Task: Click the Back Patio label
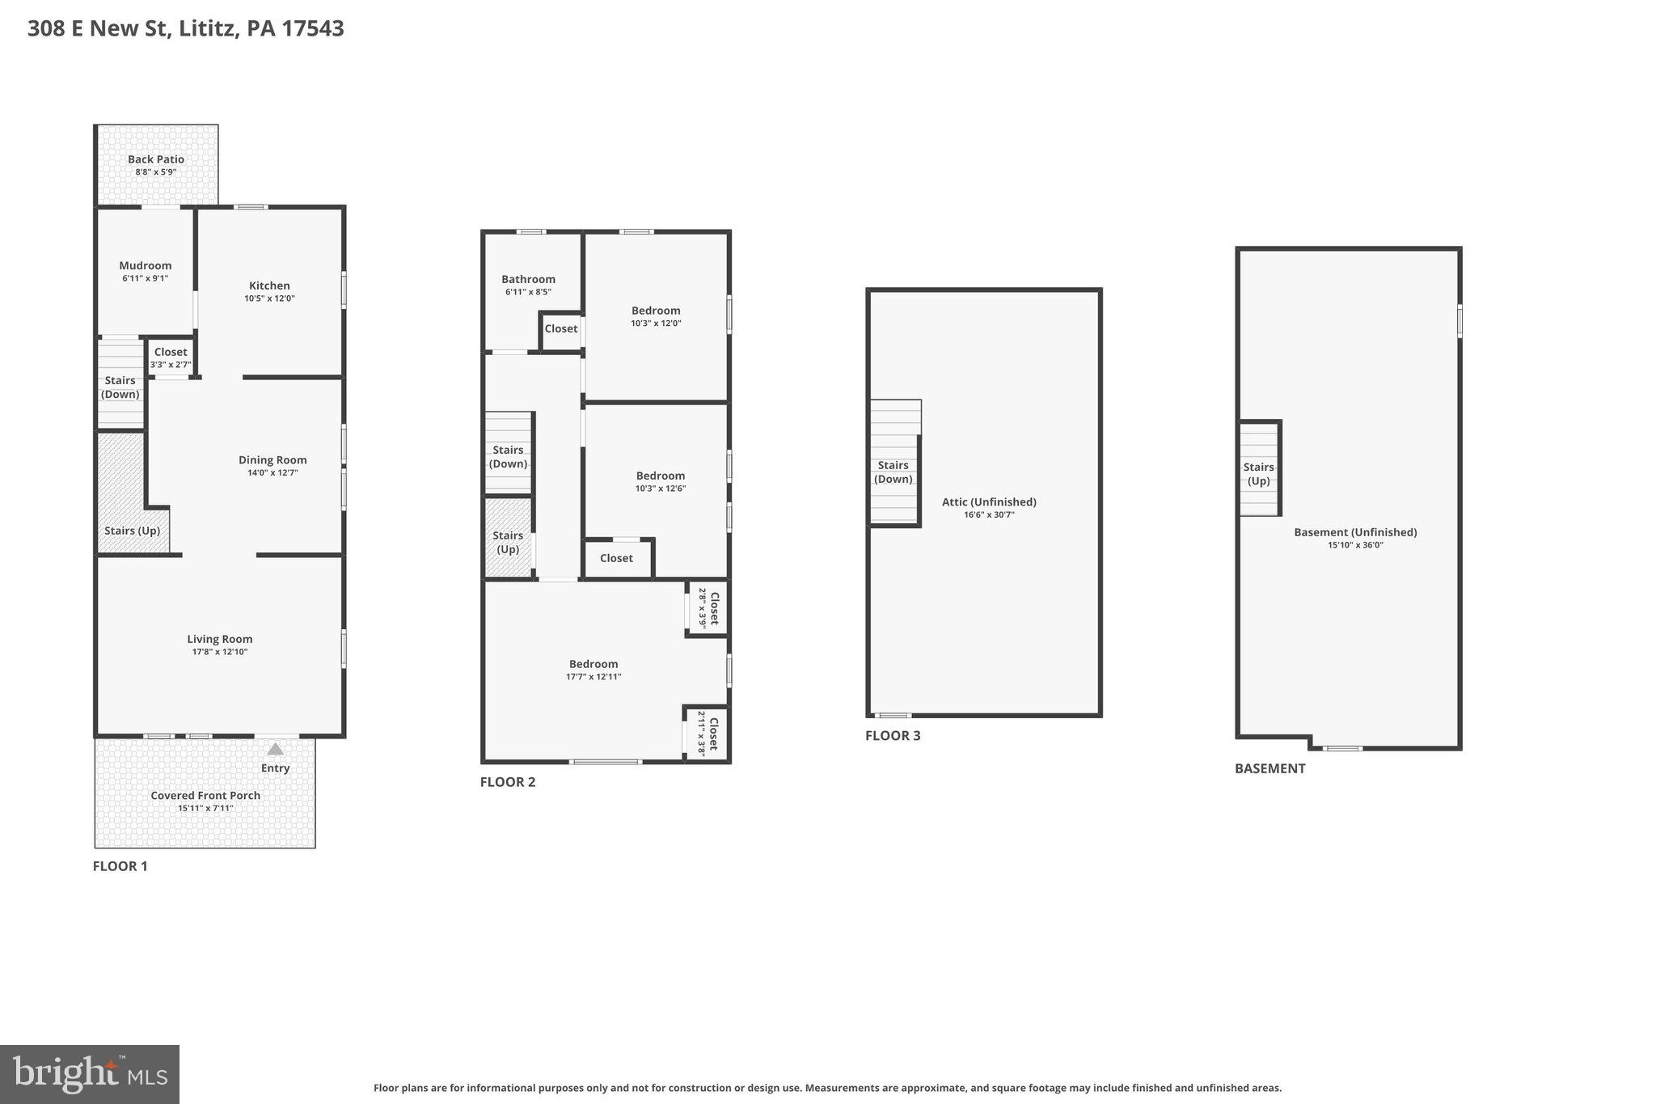pos(156,160)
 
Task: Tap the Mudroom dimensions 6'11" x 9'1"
pos(146,278)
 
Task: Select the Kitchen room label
pos(269,286)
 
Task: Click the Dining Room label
pos(272,460)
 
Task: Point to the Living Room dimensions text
pos(220,652)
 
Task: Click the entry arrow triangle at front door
pos(276,749)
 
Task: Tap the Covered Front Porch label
pos(205,796)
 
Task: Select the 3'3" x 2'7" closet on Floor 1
pos(171,357)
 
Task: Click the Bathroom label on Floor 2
pos(528,279)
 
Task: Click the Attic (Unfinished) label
pos(989,502)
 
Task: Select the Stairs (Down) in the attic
pos(893,472)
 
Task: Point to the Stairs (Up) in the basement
pos(1258,474)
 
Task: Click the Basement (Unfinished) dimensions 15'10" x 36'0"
pos(1355,545)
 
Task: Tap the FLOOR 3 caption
pos(893,736)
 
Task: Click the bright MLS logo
pos(90,1074)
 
